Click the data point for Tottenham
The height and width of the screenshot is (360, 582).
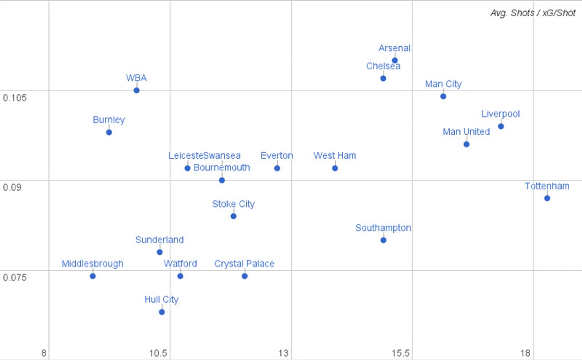[547, 198]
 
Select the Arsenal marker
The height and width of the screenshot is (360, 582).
[395, 61]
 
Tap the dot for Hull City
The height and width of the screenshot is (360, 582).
[162, 312]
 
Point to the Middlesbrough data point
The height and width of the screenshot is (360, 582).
[92, 276]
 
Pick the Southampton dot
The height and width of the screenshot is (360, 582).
[383, 240]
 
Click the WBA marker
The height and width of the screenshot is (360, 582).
[136, 90]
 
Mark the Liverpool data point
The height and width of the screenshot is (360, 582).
[501, 126]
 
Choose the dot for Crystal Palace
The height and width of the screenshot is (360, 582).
[245, 276]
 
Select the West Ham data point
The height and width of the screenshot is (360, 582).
[335, 168]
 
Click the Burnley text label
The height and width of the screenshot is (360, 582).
[109, 120]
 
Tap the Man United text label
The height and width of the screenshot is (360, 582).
[466, 132]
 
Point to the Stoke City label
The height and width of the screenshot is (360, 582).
[233, 204]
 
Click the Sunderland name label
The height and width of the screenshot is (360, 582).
[159, 240]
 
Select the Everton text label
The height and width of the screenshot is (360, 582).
[277, 155]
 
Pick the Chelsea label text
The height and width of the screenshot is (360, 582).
[383, 66]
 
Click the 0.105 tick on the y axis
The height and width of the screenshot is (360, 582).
[15, 98]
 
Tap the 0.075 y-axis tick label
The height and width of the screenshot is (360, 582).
[15, 277]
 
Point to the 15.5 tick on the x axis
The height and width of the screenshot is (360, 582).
[400, 353]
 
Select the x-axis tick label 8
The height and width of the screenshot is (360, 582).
[44, 353]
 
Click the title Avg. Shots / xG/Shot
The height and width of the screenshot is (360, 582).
[533, 13]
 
